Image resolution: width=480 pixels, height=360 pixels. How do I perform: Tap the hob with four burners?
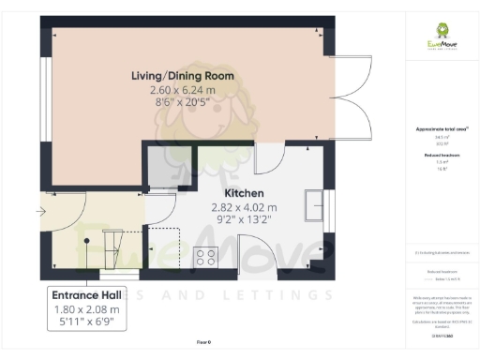[205, 256]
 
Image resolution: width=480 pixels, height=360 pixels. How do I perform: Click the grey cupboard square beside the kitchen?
[163, 168]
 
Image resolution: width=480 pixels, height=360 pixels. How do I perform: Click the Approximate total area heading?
[441, 128]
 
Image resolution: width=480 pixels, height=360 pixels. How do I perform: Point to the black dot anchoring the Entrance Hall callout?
[86, 240]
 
